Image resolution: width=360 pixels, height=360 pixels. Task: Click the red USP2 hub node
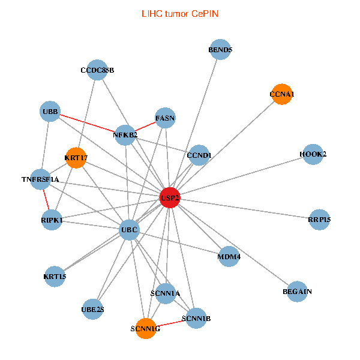coord(170,197)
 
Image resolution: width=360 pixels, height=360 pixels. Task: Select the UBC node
coord(130,229)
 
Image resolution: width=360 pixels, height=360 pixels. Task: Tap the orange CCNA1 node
coord(281,94)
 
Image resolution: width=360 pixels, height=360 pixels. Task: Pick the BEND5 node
coord(220,50)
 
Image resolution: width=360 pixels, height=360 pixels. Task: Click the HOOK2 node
coord(313,154)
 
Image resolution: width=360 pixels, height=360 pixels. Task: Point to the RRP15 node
coord(319,220)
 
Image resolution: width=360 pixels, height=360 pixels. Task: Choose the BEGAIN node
coord(297,292)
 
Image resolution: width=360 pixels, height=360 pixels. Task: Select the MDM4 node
coord(229,257)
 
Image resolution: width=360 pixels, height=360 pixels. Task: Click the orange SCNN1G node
coord(145,328)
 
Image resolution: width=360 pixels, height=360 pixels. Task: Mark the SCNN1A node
coord(165,293)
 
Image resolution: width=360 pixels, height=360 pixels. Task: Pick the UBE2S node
coord(92,310)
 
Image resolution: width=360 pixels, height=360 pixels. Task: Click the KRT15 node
coord(55,277)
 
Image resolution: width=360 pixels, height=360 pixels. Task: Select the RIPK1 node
coord(52,220)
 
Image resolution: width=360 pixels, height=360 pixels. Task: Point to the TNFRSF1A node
coord(41,179)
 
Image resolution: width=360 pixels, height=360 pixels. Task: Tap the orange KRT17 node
coord(76,158)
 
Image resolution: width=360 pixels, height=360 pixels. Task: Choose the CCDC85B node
coord(97,70)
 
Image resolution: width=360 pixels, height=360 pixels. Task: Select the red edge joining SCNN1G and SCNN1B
coord(170,323)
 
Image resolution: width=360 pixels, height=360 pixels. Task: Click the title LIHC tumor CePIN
coord(179,13)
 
